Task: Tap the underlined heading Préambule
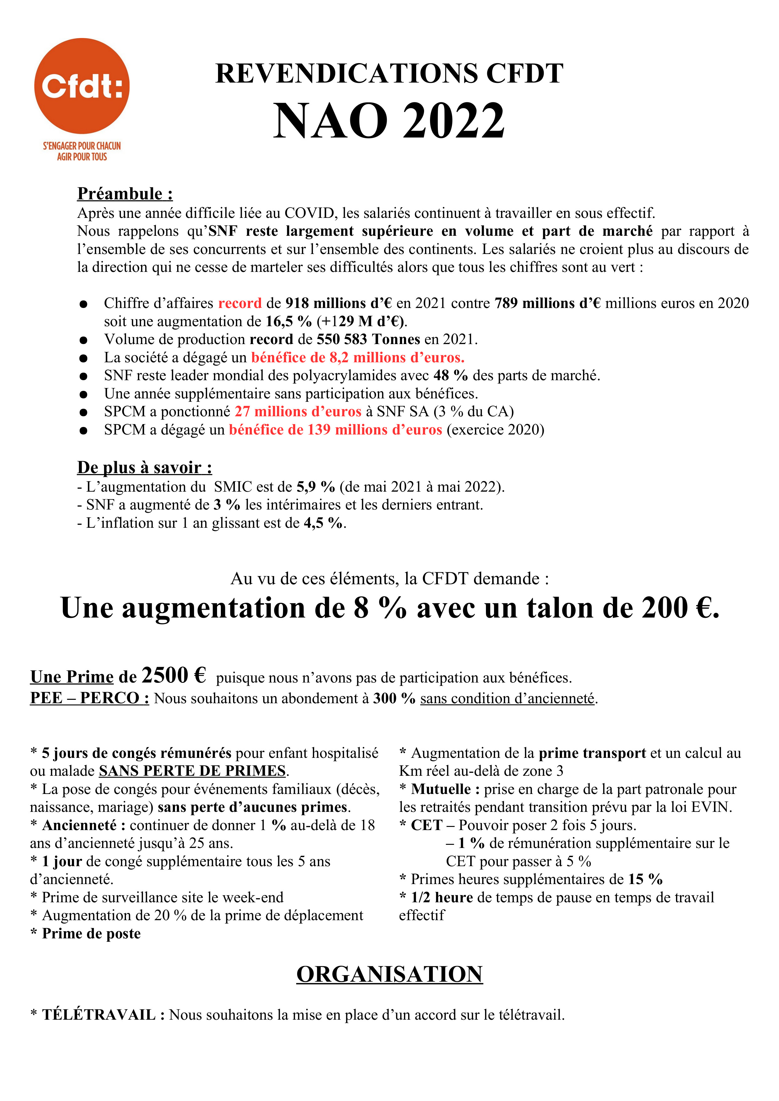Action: pyautogui.click(x=125, y=194)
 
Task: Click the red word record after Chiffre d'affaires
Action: pyautogui.click(x=240, y=303)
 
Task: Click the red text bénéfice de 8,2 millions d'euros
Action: pyautogui.click(x=357, y=357)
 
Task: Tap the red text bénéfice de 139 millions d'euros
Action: pyautogui.click(x=335, y=430)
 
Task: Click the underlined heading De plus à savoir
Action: pyautogui.click(x=144, y=467)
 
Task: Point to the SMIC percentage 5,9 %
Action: pyautogui.click(x=315, y=487)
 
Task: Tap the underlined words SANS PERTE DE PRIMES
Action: pyautogui.click(x=192, y=771)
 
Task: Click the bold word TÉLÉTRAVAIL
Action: pyautogui.click(x=98, y=1015)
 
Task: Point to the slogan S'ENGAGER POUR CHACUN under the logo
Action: pyautogui.click(x=82, y=146)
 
